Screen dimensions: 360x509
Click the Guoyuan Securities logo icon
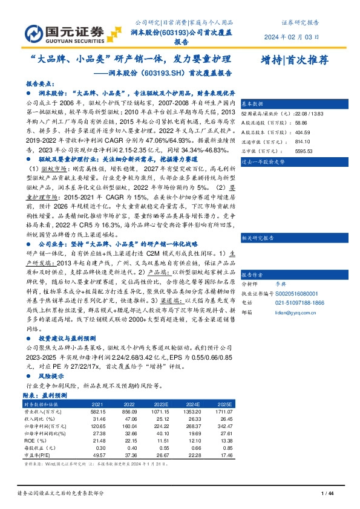[x=35, y=31]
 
